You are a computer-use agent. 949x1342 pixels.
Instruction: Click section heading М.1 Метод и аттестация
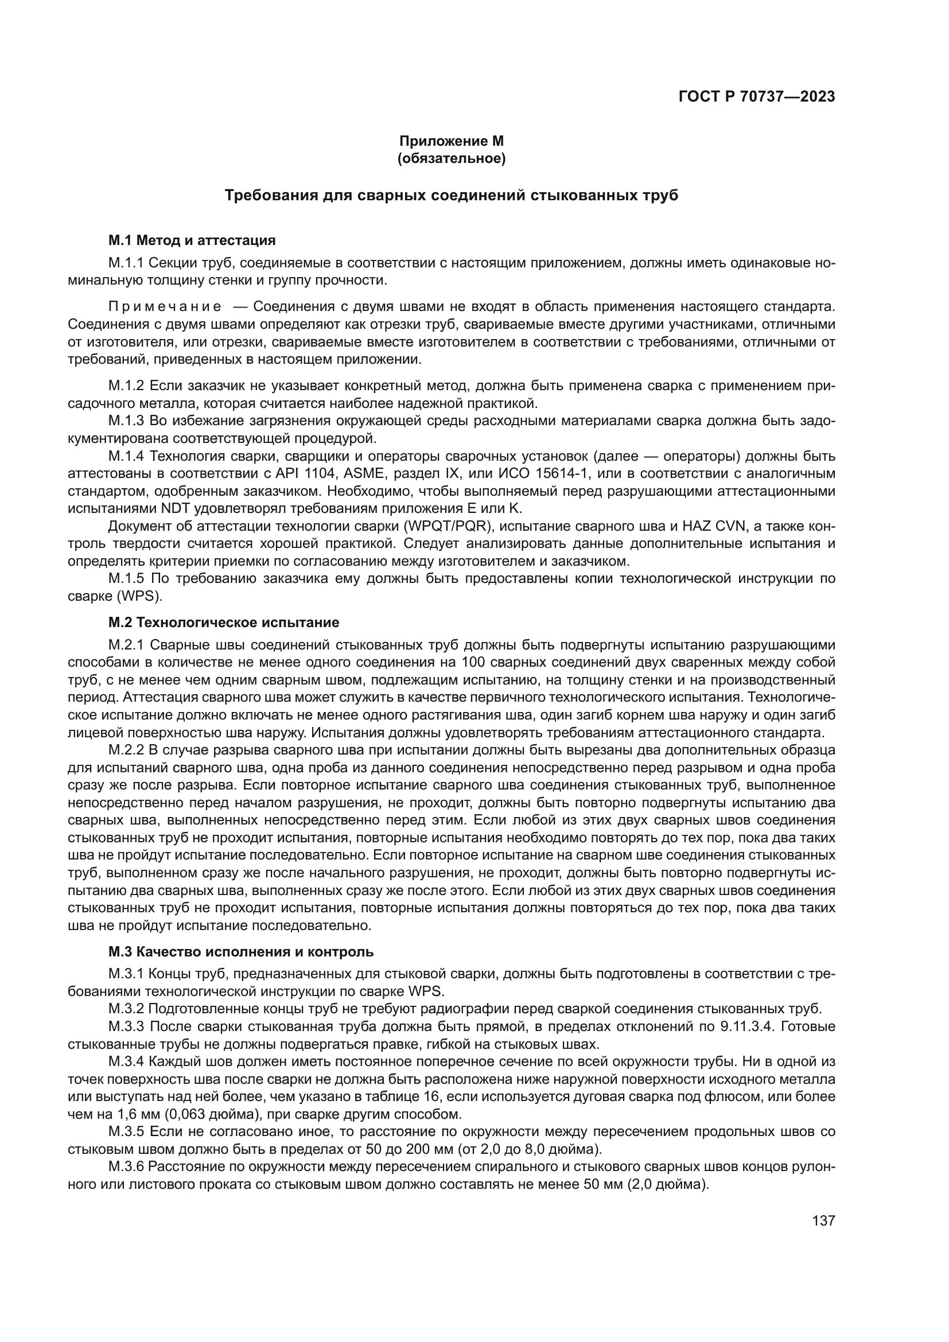click(x=192, y=240)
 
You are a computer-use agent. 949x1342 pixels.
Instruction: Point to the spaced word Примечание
click(x=165, y=307)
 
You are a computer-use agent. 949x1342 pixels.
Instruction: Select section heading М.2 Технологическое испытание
click(x=224, y=622)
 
